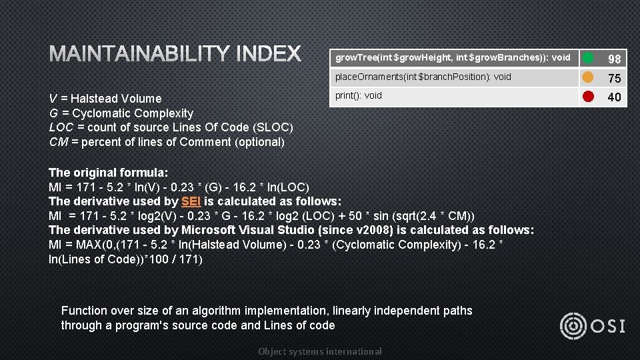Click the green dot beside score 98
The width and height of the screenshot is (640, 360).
point(588,58)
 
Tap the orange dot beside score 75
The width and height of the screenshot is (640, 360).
point(588,77)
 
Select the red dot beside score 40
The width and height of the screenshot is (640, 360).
point(588,96)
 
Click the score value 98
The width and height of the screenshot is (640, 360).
point(614,59)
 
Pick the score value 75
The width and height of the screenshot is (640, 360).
point(614,79)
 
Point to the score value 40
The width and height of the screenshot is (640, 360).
point(614,97)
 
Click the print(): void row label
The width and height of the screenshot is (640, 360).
point(359,95)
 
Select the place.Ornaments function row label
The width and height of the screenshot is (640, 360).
point(423,77)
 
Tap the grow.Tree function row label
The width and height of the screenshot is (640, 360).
point(453,57)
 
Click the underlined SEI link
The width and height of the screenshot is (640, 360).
point(191,201)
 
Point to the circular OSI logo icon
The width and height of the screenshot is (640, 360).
point(573,325)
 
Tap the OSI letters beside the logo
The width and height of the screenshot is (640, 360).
point(608,325)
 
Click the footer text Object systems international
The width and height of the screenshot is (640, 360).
point(320,351)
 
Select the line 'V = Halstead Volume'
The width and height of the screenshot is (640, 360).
point(105,99)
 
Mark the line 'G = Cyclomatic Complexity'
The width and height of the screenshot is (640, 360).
point(121,113)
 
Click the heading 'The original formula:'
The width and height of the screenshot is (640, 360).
point(109,172)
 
